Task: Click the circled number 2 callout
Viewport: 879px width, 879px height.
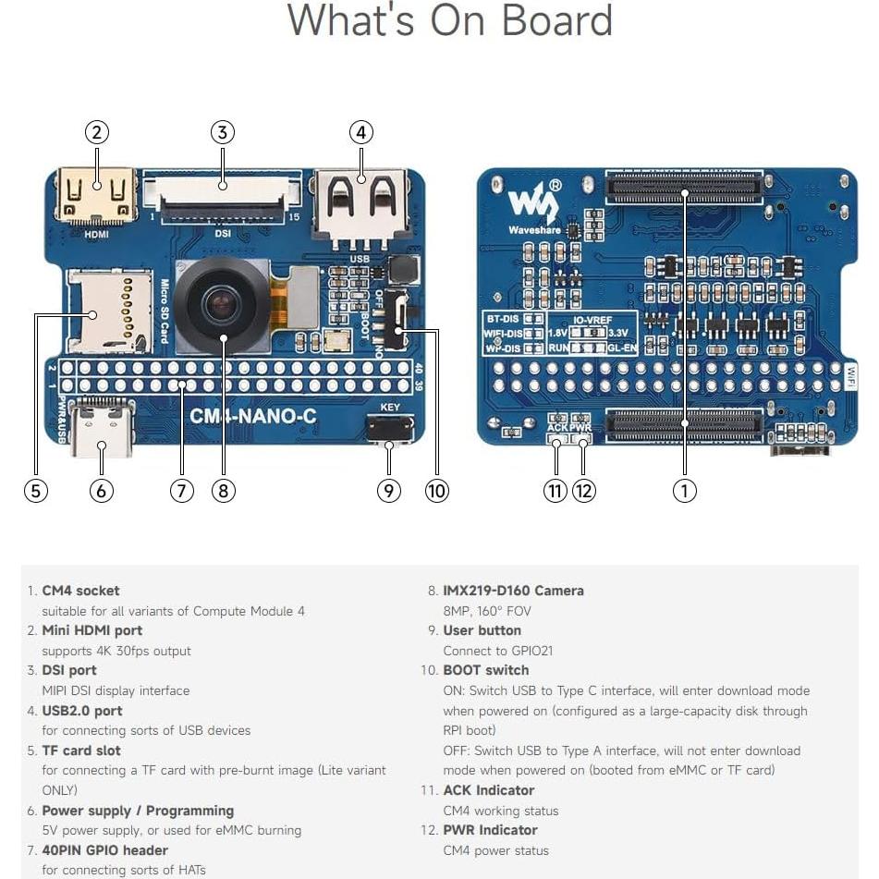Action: click(x=97, y=132)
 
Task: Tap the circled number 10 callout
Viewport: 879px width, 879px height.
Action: click(x=436, y=491)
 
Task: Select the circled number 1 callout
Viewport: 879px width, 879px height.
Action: click(x=684, y=491)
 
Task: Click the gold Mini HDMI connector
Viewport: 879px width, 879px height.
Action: click(x=96, y=195)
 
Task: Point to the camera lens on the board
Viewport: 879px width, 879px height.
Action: click(x=222, y=301)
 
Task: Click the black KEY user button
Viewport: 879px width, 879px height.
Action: click(x=389, y=428)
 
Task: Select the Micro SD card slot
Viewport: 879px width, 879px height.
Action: click(x=109, y=311)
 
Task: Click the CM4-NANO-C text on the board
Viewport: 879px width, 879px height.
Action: click(x=252, y=417)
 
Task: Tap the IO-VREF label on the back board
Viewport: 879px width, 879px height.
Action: click(x=591, y=320)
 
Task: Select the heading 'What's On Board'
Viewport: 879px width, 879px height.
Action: click(x=449, y=20)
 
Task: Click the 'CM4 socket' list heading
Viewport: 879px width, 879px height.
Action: click(x=80, y=591)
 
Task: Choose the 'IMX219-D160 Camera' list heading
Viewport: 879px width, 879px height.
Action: click(x=513, y=591)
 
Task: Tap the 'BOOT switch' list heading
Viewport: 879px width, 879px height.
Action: click(x=485, y=670)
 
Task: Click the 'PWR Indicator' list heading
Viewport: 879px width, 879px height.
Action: click(x=490, y=830)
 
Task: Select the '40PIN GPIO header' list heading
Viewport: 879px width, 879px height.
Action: click(x=104, y=850)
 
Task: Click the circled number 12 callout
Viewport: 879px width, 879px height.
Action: click(x=583, y=491)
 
